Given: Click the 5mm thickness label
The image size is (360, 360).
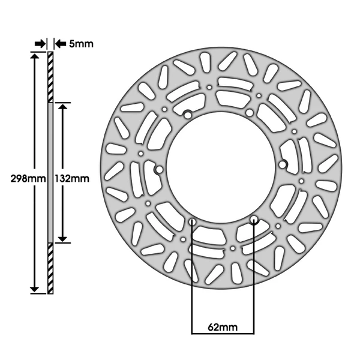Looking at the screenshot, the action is click(81, 44).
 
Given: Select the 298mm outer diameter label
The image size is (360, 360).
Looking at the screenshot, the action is click(28, 178).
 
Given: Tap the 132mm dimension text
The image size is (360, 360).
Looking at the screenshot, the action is click(72, 178).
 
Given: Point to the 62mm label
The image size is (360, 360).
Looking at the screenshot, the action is click(223, 327).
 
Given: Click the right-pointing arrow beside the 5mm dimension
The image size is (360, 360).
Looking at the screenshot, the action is click(40, 44).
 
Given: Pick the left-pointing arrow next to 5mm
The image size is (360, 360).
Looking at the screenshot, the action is click(61, 44).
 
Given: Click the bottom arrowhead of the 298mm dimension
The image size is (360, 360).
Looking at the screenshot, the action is click(34, 289).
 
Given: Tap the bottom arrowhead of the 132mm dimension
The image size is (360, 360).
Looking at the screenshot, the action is click(62, 239).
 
